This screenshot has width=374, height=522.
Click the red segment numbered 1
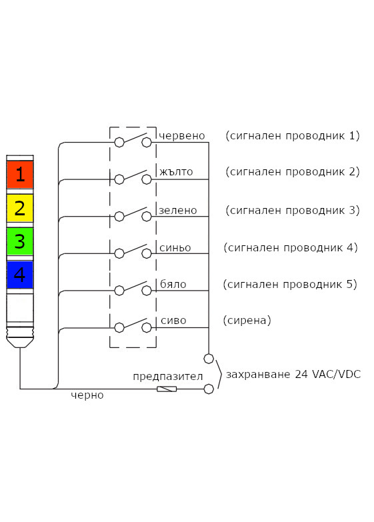point(20,175)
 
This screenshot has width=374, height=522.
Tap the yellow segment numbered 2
point(20,208)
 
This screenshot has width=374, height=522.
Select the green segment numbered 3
point(20,241)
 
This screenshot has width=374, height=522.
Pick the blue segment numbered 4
point(20,274)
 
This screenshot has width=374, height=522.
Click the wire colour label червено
point(181,136)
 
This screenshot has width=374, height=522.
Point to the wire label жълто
point(176,172)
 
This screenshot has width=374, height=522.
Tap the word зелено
point(178,210)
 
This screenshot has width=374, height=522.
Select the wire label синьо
point(175,247)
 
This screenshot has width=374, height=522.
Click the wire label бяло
point(173,285)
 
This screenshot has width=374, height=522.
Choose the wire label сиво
point(173,321)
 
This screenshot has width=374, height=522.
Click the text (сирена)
point(247,321)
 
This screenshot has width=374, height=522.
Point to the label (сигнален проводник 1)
point(293,136)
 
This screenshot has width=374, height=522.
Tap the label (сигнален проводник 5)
point(290,285)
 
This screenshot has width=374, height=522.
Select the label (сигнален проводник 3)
point(293,210)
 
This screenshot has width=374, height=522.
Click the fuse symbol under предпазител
point(167,389)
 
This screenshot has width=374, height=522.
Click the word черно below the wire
point(87,395)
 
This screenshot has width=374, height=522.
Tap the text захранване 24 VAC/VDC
point(293,374)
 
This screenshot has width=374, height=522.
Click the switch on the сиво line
point(133,326)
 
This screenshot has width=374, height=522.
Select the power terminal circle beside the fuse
point(209,388)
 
